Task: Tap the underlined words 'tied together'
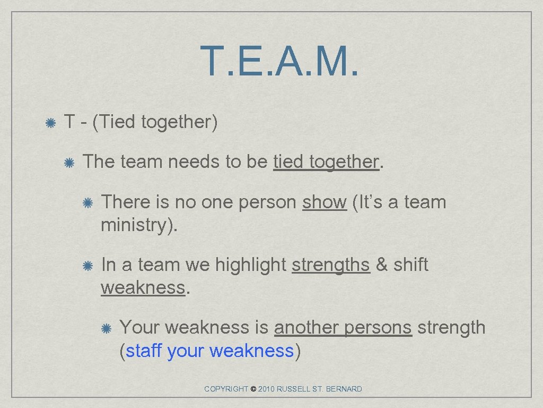click(326, 161)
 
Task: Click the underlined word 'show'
click(324, 202)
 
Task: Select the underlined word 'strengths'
click(330, 265)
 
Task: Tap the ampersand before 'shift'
click(381, 265)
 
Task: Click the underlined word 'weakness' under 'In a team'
click(143, 287)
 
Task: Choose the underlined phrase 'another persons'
click(343, 327)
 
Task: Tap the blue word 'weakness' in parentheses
click(251, 351)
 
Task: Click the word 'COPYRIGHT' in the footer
click(226, 389)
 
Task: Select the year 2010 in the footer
click(267, 389)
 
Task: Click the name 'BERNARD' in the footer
click(344, 389)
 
